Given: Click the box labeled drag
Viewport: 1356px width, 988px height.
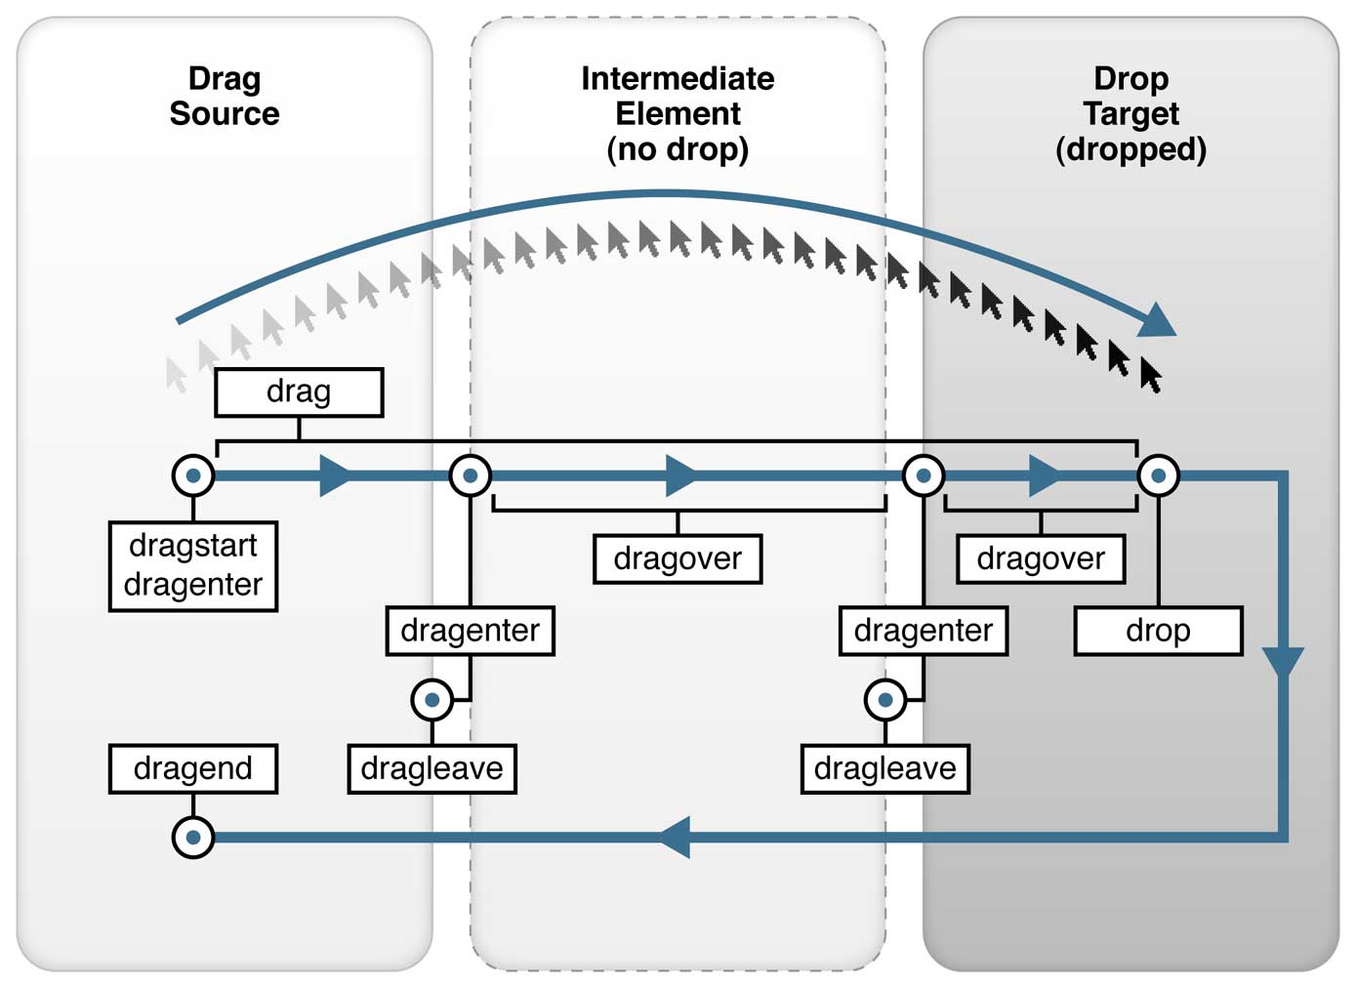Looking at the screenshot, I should click(299, 392).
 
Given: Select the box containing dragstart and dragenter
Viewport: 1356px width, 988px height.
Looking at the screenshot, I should click(193, 565).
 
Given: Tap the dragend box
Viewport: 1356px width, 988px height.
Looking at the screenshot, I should click(193, 768).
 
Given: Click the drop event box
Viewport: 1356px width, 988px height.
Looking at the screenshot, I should click(1158, 631).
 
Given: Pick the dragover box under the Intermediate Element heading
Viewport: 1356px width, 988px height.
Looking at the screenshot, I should click(678, 558).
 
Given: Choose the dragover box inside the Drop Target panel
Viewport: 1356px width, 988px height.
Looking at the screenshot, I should click(1041, 558).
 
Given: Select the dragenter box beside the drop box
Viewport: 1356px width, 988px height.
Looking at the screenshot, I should click(924, 631).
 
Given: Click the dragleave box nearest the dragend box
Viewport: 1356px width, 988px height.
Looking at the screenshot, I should click(431, 768).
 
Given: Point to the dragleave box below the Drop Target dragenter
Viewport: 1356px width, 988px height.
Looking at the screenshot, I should click(884, 768).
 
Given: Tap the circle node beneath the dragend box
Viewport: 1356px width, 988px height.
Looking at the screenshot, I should click(193, 838).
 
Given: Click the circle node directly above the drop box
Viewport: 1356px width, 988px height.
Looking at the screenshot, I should click(1158, 476).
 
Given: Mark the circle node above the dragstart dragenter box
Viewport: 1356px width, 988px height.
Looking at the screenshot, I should click(193, 476).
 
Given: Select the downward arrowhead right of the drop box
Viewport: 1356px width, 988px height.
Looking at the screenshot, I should click(1283, 660).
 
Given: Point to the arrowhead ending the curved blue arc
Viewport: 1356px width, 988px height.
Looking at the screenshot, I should click(1158, 321).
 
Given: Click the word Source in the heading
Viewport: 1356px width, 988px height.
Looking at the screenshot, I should click(225, 114).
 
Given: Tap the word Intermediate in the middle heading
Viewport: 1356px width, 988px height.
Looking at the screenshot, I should click(678, 79).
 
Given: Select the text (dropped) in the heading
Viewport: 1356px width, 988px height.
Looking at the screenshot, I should click(1130, 149).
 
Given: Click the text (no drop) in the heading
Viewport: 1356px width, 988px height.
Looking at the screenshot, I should click(678, 149).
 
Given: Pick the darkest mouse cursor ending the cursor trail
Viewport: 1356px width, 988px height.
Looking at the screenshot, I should click(1150, 375).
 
